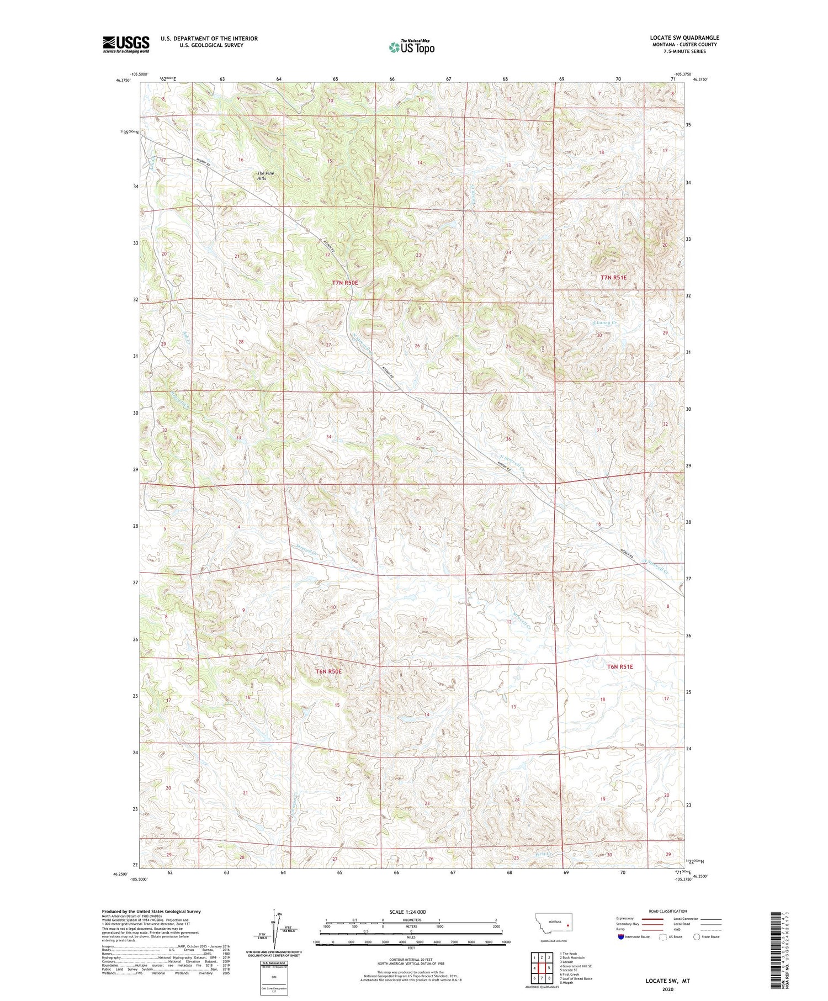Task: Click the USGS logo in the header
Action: coord(126,44)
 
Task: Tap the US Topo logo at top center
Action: coord(411,47)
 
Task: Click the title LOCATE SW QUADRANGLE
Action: coord(684,38)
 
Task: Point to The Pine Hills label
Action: coord(266,176)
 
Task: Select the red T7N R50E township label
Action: coord(345,283)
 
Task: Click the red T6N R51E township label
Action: coord(620,666)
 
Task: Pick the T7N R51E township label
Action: coord(614,278)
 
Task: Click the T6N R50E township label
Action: coord(329,671)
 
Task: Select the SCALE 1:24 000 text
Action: coord(406,912)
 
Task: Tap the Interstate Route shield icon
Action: coord(621,936)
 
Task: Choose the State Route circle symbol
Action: coord(697,936)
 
